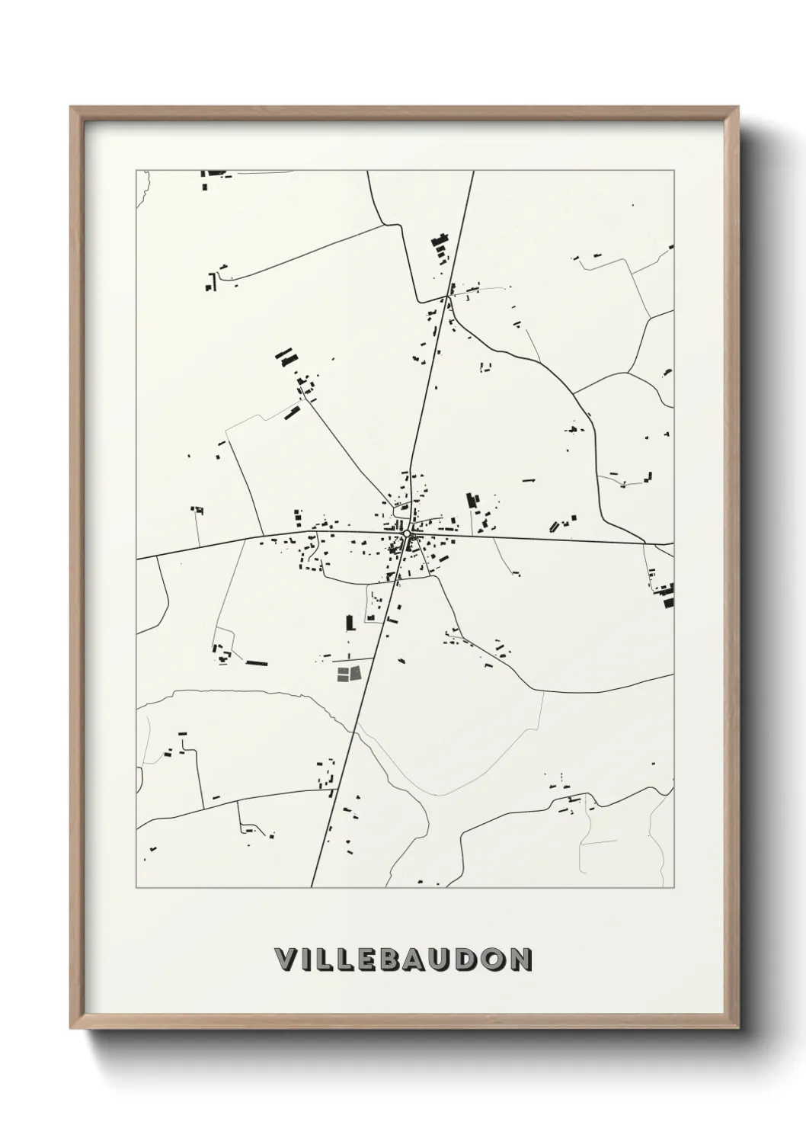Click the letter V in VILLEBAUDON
pyautogui.click(x=283, y=960)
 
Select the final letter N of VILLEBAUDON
pyautogui.click(x=520, y=960)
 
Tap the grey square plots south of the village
pyautogui.click(x=348, y=674)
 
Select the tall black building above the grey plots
pyautogui.click(x=350, y=623)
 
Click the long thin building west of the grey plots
pyautogui.click(x=257, y=663)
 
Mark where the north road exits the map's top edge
pyautogui.click(x=473, y=171)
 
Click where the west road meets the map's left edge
pyautogui.click(x=137, y=559)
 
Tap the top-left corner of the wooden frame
pyautogui.click(x=72, y=108)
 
